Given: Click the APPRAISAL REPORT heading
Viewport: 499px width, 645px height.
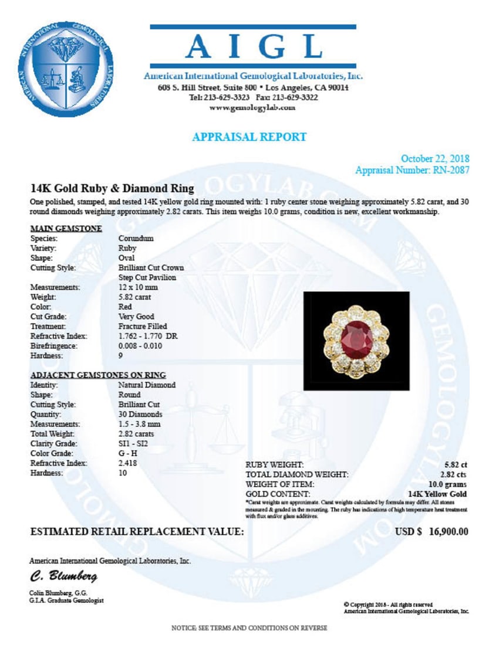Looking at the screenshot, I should coord(249,137).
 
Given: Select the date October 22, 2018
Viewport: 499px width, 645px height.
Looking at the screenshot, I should coord(434,159).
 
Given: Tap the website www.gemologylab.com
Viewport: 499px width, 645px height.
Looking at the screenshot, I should coord(252,108).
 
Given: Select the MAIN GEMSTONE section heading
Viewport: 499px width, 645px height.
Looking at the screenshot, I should coord(66,228).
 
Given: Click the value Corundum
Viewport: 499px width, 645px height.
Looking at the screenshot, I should coord(136,239).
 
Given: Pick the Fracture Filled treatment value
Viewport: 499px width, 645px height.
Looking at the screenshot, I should coord(142,326).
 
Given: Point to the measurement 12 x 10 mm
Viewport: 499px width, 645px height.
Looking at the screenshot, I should coord(139,287).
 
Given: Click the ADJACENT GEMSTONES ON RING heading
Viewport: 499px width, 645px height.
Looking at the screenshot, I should coord(97,375).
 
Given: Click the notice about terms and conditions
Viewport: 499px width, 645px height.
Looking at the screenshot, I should coord(249,628).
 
